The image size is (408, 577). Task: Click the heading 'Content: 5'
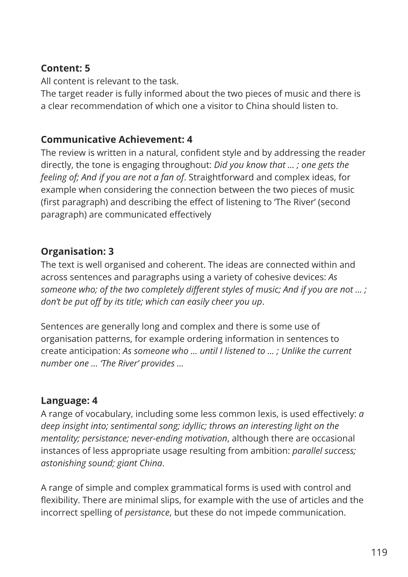[x=65, y=68]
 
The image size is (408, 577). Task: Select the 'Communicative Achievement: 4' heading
[x=117, y=140]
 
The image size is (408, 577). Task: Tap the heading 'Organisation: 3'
[x=77, y=252]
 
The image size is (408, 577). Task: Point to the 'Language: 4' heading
[x=69, y=401]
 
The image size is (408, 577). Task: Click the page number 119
[x=379, y=552]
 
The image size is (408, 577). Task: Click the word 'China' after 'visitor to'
[x=258, y=106]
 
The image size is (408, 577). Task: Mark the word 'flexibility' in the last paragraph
[x=59, y=500]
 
